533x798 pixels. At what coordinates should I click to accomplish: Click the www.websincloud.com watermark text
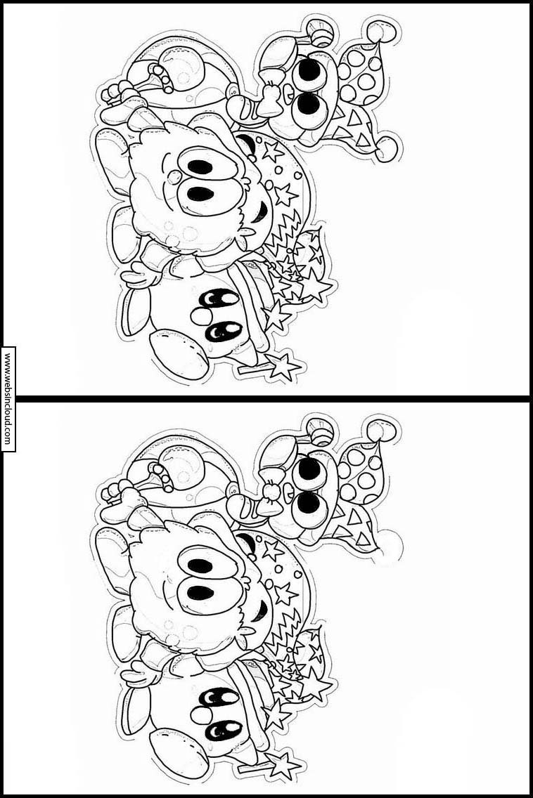tap(8, 398)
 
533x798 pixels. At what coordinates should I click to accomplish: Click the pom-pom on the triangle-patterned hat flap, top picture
tap(388, 149)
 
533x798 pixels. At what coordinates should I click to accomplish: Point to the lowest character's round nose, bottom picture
tap(200, 716)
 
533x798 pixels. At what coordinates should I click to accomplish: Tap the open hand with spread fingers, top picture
tap(143, 274)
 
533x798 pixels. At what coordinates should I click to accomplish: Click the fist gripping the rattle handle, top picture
tap(119, 93)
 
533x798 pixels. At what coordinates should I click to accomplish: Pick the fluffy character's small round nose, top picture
tap(175, 176)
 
